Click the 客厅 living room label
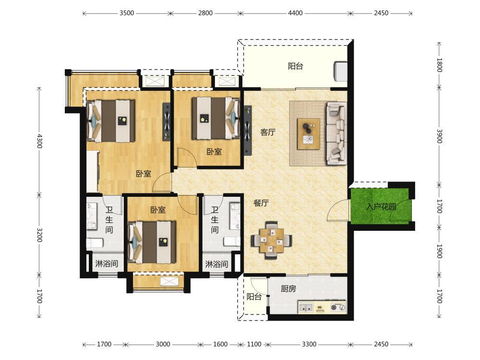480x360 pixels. click(x=268, y=132)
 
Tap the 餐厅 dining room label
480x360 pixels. click(x=261, y=203)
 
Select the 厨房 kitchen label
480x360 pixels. click(x=288, y=288)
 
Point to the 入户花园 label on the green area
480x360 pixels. click(x=381, y=206)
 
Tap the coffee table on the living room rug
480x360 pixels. click(x=309, y=134)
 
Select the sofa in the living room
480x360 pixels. click(x=336, y=133)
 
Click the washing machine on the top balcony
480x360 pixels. click(x=341, y=71)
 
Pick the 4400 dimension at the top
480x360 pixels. click(x=295, y=13)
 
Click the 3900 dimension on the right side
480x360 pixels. click(x=439, y=136)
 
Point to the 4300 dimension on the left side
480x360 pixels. click(x=39, y=141)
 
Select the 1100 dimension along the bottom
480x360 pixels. click(x=254, y=344)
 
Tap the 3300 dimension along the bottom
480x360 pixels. click(x=309, y=344)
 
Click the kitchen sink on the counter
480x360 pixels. click(x=306, y=307)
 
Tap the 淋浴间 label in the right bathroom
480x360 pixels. click(x=216, y=264)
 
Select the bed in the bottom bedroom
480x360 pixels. click(x=152, y=242)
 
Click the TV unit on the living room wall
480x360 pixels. click(x=248, y=131)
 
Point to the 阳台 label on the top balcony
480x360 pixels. click(x=295, y=66)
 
